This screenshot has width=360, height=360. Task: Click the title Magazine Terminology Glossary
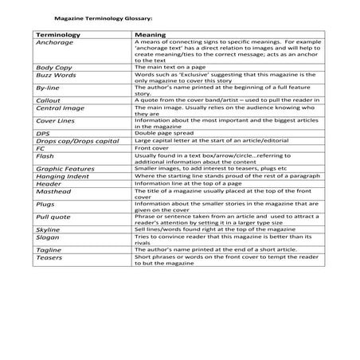pyautogui.click(x=101, y=15)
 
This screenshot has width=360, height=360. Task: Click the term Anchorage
pyautogui.click(x=53, y=43)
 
